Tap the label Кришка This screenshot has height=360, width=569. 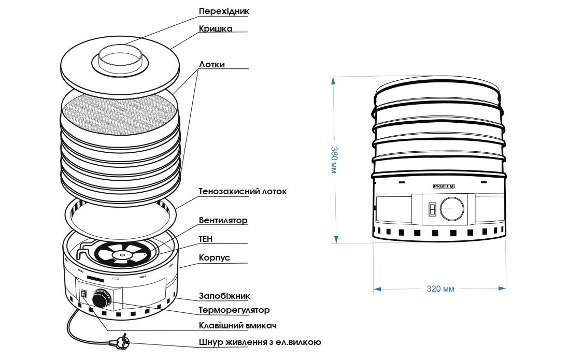coord(215,28)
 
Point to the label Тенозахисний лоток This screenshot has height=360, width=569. coord(243,192)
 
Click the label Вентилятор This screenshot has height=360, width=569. coord(223,221)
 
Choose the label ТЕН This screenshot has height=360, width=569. coord(206,239)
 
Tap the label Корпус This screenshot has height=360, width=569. coord(215,257)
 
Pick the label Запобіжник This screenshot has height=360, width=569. coord(224,296)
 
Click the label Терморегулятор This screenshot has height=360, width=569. coord(234,310)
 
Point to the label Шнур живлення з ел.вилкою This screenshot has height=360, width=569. coord(260,342)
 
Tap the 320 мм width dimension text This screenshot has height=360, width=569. coord(440,289)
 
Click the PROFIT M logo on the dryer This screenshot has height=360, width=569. coord(444,185)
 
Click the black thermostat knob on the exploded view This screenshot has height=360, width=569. coord(101,300)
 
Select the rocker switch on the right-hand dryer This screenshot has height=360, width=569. coord(431,209)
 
